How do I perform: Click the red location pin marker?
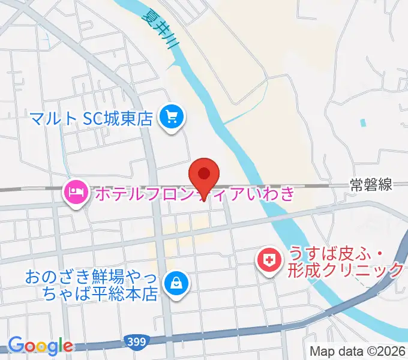[x=204, y=175]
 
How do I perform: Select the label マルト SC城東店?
[x=94, y=116]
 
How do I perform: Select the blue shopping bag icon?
[x=177, y=281]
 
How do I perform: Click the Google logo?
[x=40, y=346]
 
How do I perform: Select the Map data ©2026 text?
[x=357, y=352]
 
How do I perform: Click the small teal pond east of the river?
[x=362, y=123]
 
